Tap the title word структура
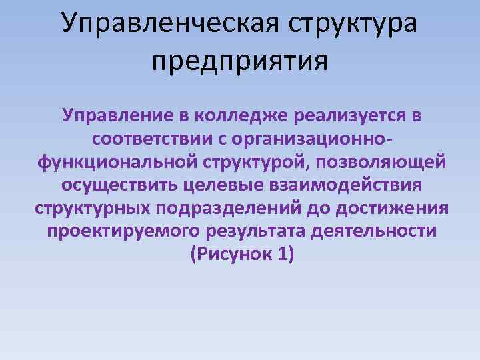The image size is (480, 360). (353, 23)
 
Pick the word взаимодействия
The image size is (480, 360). (346, 185)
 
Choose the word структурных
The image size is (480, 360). (92, 208)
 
